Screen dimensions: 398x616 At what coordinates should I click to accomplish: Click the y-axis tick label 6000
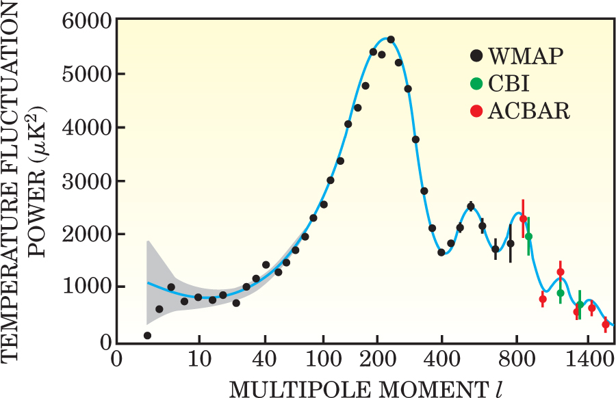[87, 21]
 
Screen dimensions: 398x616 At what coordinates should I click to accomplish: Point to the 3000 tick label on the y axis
[87, 181]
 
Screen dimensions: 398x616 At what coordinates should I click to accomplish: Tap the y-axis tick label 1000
[87, 288]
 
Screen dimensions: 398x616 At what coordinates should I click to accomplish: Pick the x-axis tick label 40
[264, 359]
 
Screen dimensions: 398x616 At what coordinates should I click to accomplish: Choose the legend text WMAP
[526, 56]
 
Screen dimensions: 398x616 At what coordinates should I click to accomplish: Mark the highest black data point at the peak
[391, 40]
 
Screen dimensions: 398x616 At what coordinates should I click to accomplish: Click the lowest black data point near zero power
[147, 335]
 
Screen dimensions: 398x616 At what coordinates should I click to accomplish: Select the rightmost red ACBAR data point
[605, 324]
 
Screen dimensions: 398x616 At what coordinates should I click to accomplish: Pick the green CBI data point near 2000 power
[528, 237]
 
